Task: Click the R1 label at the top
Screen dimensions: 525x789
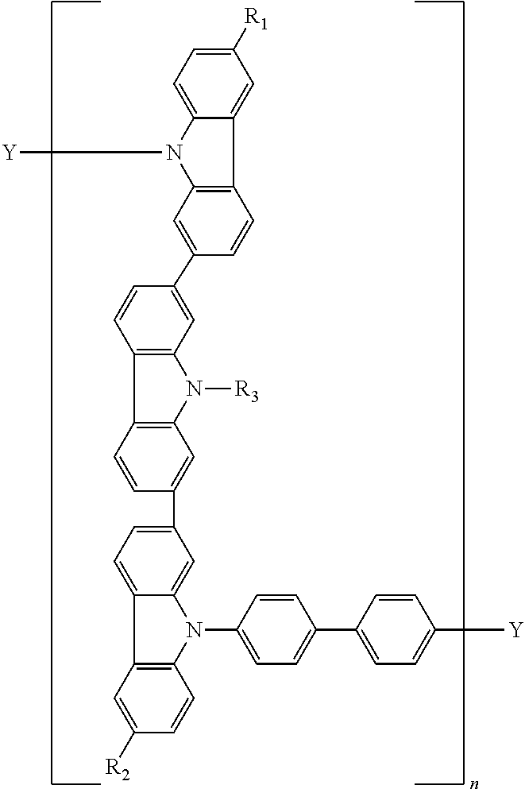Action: point(256,21)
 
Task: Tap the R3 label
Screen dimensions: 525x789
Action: point(245,390)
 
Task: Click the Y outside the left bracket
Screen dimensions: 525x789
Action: point(10,152)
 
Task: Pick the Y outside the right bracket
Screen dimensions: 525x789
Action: point(515,630)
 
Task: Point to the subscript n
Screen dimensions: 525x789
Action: point(474,783)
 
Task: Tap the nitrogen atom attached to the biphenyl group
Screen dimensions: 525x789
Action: point(192,630)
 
